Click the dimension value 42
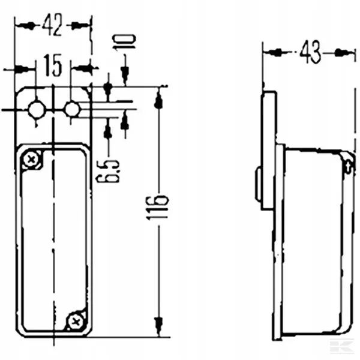53,25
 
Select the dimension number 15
53,67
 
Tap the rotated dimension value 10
125,42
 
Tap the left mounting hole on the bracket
37,109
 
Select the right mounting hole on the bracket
72,109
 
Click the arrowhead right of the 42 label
79,25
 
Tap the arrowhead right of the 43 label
343,53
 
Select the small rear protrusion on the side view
257,184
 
